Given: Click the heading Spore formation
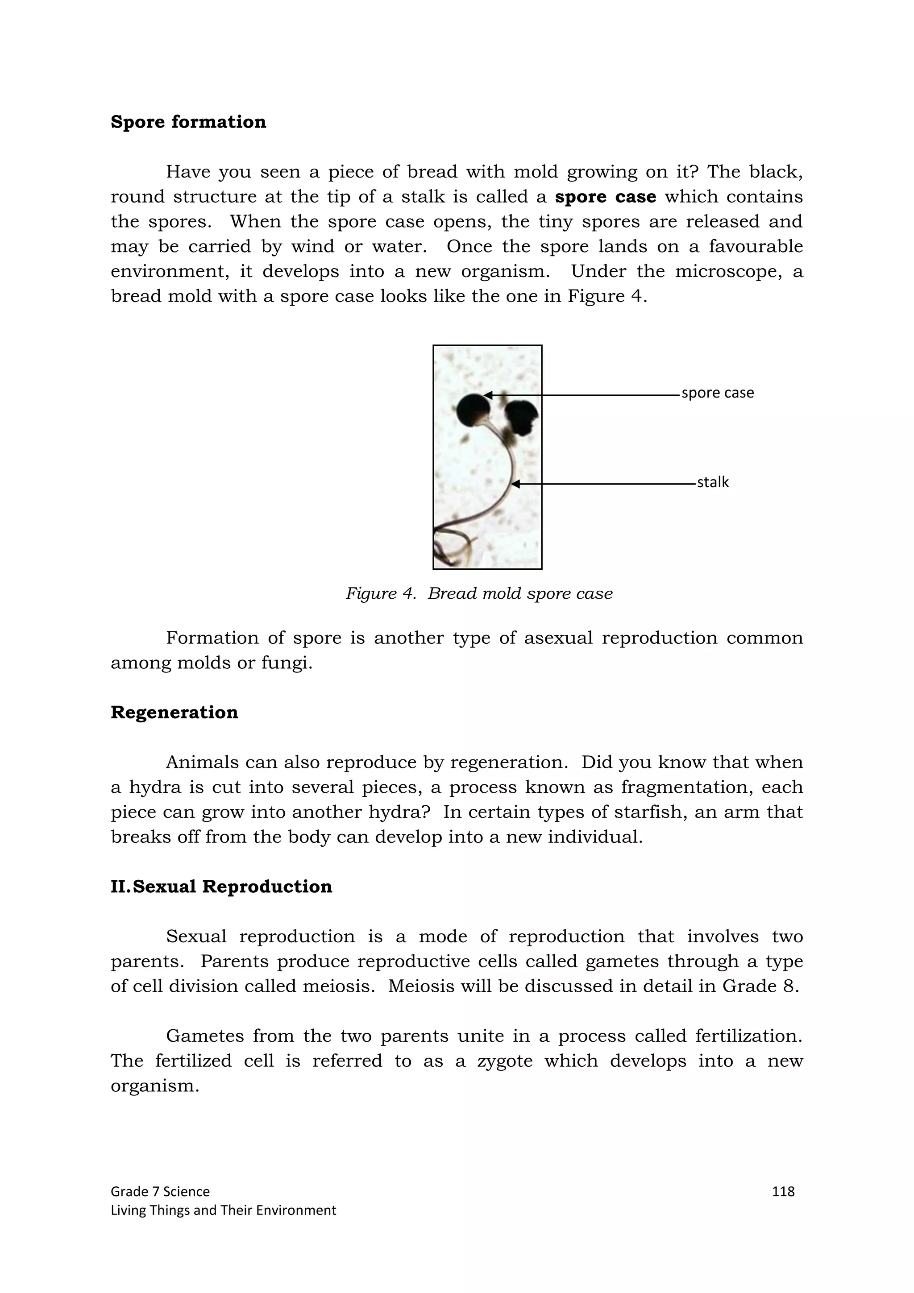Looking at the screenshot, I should pos(188,122).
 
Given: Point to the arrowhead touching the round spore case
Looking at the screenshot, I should pos(488,395).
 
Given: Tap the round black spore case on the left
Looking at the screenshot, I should pos(472,410).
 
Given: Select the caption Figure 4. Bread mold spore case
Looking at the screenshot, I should pos(479,593).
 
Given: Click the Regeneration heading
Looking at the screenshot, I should pos(174,713).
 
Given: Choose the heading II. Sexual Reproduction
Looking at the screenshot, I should pos(221,887).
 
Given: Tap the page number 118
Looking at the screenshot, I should pos(783,1191).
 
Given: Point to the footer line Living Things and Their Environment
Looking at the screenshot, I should pos(223,1210).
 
